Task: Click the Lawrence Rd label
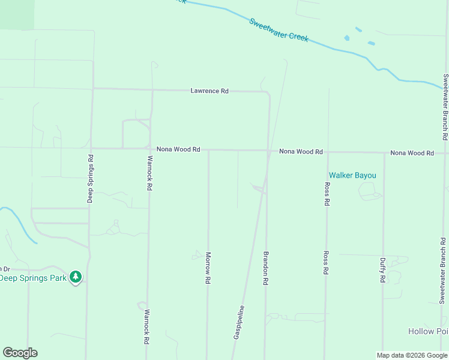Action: click(209, 91)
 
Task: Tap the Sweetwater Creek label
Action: click(279, 29)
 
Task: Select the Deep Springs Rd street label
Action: click(90, 179)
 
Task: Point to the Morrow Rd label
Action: click(208, 268)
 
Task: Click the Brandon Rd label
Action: click(265, 268)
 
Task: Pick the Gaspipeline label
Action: click(238, 323)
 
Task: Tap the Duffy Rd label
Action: click(382, 270)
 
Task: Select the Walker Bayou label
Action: click(351, 175)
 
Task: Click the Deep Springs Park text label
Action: click(32, 278)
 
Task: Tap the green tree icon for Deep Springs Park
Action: click(75, 277)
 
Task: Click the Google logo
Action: click(20, 353)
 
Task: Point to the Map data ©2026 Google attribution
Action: click(412, 355)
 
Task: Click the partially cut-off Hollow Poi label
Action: click(428, 331)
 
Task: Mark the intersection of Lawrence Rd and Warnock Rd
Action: click(152, 89)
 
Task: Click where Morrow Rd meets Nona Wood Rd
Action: click(208, 150)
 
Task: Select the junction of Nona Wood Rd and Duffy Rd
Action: click(384, 153)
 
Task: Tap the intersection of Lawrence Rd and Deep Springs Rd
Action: click(92, 89)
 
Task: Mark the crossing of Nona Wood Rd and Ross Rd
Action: click(327, 152)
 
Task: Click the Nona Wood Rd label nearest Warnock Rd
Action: click(178, 149)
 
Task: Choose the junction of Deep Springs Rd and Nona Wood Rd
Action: click(91, 148)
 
